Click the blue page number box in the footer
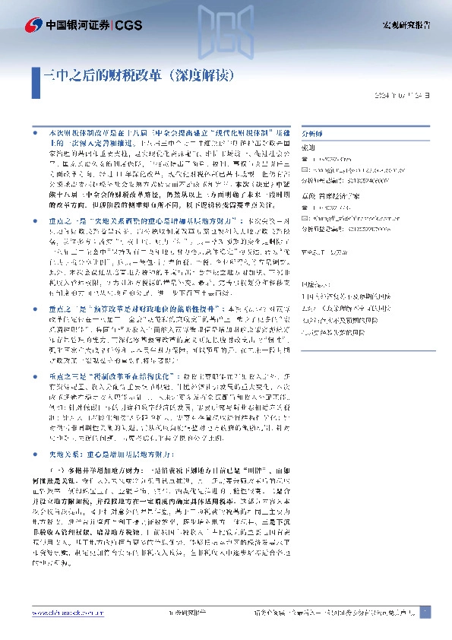[x=425, y=612]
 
